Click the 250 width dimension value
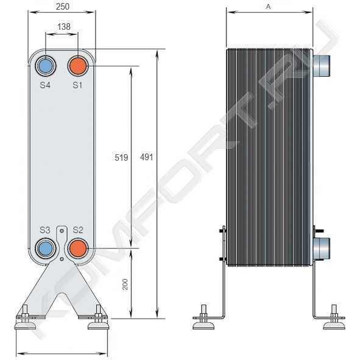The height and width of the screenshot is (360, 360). [x=63, y=7]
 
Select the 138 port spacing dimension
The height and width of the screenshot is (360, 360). [x=64, y=27]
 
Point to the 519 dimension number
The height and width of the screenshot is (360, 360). [x=121, y=158]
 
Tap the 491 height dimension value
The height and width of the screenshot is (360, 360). [x=146, y=157]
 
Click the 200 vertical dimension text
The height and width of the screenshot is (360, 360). [x=125, y=284]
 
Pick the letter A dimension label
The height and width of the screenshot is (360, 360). [x=268, y=7]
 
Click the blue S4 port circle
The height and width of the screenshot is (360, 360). [x=46, y=66]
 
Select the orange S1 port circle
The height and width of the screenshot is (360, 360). [x=78, y=66]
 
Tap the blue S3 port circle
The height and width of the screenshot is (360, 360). [x=46, y=249]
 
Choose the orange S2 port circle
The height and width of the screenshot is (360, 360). [x=78, y=249]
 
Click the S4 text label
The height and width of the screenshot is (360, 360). [x=45, y=85]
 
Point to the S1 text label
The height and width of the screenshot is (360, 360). [x=77, y=85]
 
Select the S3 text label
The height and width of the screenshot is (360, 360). [x=44, y=230]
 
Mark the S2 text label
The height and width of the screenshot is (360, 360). [x=78, y=230]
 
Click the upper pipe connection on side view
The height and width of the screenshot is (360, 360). [x=322, y=66]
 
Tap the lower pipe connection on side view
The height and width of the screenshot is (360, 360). [x=322, y=248]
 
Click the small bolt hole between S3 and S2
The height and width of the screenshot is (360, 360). [x=62, y=259]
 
